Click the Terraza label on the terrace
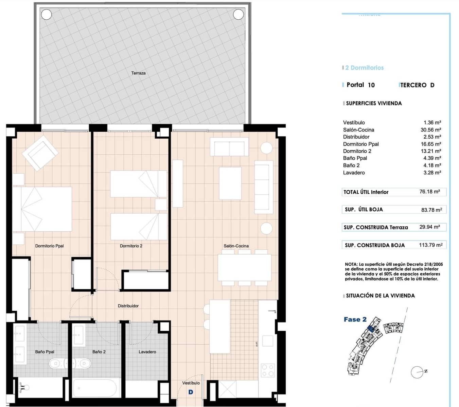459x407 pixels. click(x=138, y=73)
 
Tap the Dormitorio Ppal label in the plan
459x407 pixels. click(x=49, y=246)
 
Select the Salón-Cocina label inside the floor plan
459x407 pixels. click(x=236, y=246)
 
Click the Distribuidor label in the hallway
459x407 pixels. click(x=128, y=306)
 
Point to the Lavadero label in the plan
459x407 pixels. click(x=147, y=352)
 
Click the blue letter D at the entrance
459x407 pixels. click(x=191, y=392)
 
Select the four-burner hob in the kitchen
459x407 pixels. click(x=267, y=370)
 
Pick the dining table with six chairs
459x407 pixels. click(x=244, y=267)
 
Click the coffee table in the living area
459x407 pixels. click(x=230, y=183)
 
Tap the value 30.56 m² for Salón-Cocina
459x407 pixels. click(x=430, y=130)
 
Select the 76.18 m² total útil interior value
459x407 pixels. click(x=429, y=192)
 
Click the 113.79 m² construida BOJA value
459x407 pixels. click(x=430, y=245)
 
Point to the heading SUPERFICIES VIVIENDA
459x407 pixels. click(x=373, y=103)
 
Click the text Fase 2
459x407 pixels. click(x=355, y=319)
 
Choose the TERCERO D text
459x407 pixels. click(x=417, y=85)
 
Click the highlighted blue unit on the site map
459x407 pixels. click(x=371, y=328)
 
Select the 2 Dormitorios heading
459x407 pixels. click(x=364, y=68)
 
